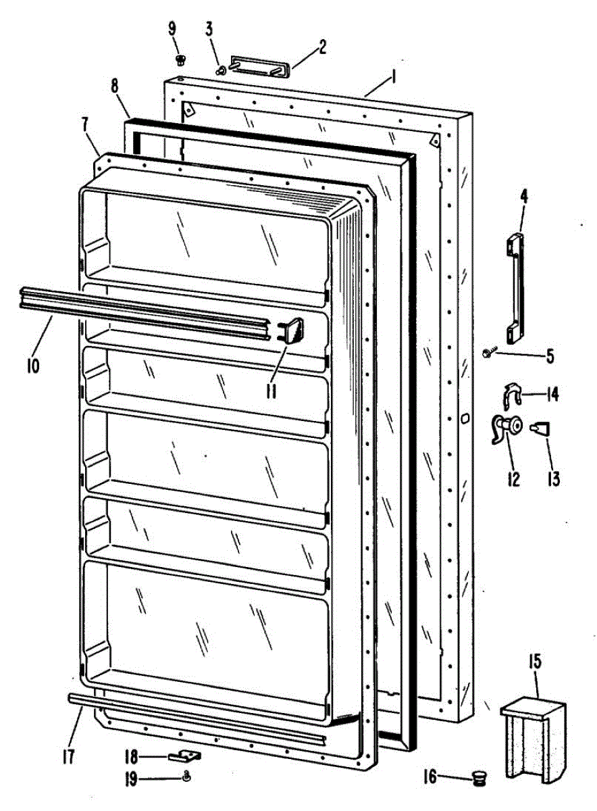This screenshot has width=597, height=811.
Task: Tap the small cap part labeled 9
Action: [x=180, y=60]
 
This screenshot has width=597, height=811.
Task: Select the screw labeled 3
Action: [x=221, y=69]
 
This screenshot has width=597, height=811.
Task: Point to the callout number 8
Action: [x=114, y=87]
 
